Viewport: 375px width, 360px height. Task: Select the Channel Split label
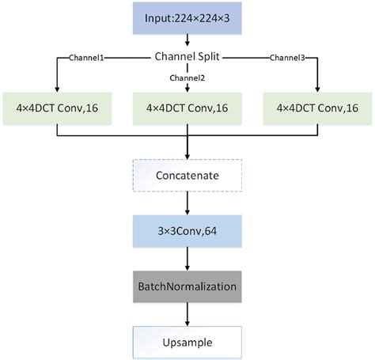(x=187, y=58)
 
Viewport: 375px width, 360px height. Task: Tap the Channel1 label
(x=89, y=58)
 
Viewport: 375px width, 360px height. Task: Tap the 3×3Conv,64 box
(x=187, y=233)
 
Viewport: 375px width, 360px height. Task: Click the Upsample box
(x=187, y=342)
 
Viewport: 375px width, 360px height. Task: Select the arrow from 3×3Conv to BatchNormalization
(x=187, y=260)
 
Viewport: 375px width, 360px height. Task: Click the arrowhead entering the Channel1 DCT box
(x=58, y=88)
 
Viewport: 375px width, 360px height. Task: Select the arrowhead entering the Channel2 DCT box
(x=187, y=88)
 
